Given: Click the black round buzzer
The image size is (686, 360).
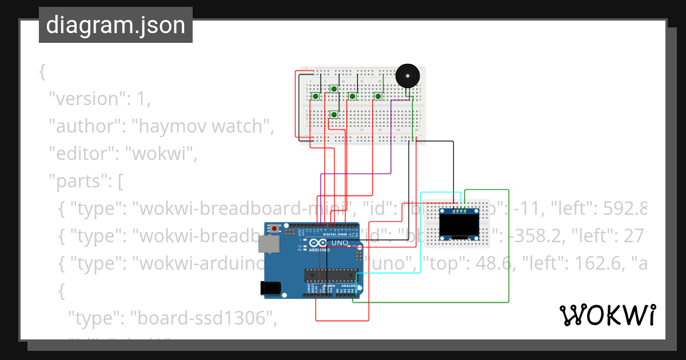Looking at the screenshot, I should coord(407,75).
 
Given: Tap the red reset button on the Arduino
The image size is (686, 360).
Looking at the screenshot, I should coord(275,229).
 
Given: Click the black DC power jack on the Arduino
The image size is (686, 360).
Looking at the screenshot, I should coord(270,289).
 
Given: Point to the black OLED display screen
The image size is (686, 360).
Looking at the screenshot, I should coord(458,226).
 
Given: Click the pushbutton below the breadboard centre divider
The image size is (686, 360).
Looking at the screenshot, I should coord(334,115).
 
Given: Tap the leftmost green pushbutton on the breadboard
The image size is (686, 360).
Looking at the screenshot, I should coord(315,97).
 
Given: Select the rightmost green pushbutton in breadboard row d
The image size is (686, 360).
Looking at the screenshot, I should coord(378,97).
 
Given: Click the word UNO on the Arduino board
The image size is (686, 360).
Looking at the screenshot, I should coord(341,243).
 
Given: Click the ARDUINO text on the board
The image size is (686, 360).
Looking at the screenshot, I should coord(320,250).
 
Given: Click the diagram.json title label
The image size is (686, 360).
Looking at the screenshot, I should coord(115,25).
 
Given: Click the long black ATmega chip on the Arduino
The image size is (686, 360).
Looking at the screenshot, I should coord(331,275).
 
